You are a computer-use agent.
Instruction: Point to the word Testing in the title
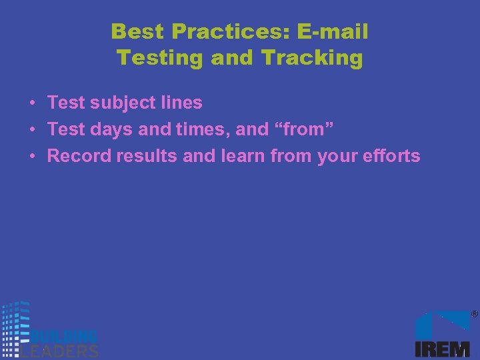tap(161, 58)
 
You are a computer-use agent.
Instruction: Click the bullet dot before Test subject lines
tap(32, 104)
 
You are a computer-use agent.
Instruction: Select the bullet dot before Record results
tap(32, 157)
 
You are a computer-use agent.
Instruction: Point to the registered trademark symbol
tap(475, 313)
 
